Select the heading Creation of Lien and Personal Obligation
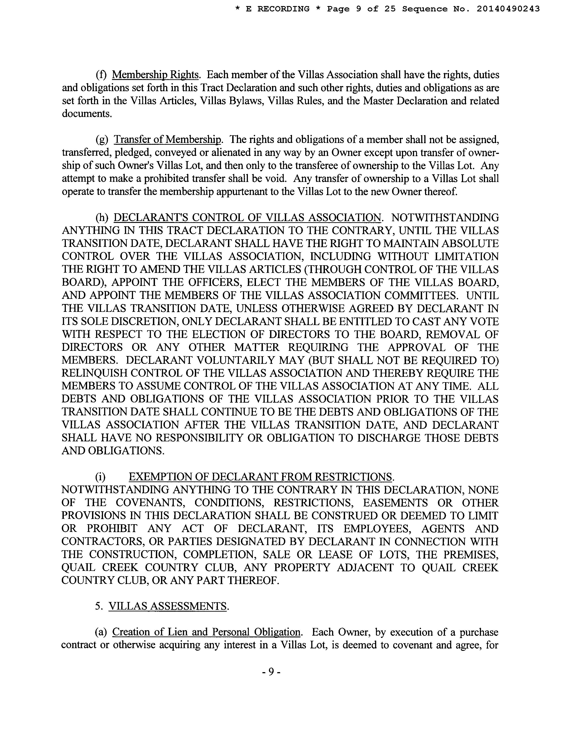(206, 632)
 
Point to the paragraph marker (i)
(100, 477)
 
